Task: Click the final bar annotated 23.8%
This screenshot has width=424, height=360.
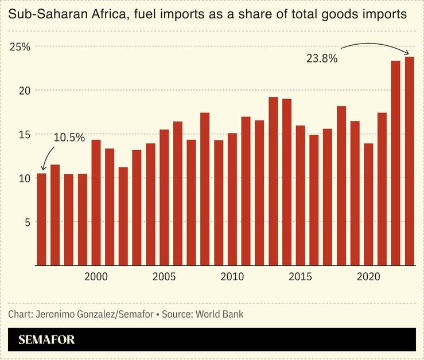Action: pos(409,161)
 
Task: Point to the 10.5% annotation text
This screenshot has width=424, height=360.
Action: pos(69,138)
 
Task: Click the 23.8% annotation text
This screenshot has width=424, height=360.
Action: pos(321,58)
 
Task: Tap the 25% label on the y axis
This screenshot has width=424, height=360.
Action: pos(20,46)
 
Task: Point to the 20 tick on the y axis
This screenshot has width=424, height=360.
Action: pos(24,91)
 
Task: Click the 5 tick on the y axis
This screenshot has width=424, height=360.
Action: pos(26,222)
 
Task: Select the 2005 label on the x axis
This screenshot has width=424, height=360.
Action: pos(164,277)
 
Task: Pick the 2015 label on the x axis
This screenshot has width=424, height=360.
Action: pos(300,277)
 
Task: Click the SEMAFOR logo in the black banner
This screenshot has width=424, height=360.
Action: pos(46,339)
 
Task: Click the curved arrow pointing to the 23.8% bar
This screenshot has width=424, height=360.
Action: pos(379,44)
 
